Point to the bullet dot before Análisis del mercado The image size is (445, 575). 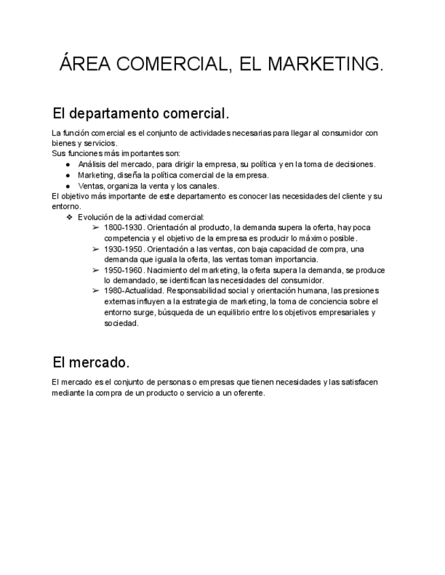68,164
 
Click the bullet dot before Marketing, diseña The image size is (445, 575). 68,175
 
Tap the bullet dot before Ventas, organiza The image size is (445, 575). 68,186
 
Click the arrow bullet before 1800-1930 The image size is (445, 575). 95,228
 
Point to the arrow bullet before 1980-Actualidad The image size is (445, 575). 95,291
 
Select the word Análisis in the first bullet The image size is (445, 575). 92,164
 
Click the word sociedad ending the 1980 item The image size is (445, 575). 121,323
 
